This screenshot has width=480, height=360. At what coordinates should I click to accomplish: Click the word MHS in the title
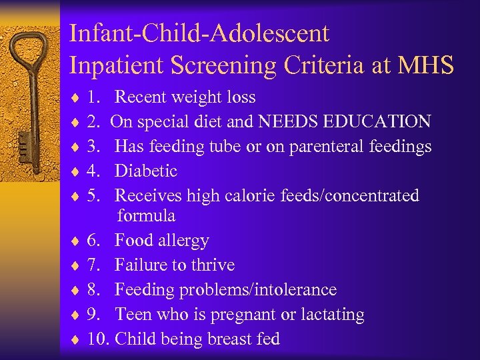(428, 65)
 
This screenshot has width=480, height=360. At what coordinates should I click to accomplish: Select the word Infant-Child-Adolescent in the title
(199, 33)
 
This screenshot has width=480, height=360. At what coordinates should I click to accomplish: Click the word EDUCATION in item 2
(379, 121)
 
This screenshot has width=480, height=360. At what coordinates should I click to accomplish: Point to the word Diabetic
(146, 171)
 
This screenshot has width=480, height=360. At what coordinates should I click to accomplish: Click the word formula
(147, 215)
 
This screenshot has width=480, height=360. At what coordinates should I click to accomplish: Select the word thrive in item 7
(212, 265)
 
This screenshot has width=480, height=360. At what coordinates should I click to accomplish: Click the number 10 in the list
(97, 339)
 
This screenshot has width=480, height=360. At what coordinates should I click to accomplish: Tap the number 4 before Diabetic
(93, 171)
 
